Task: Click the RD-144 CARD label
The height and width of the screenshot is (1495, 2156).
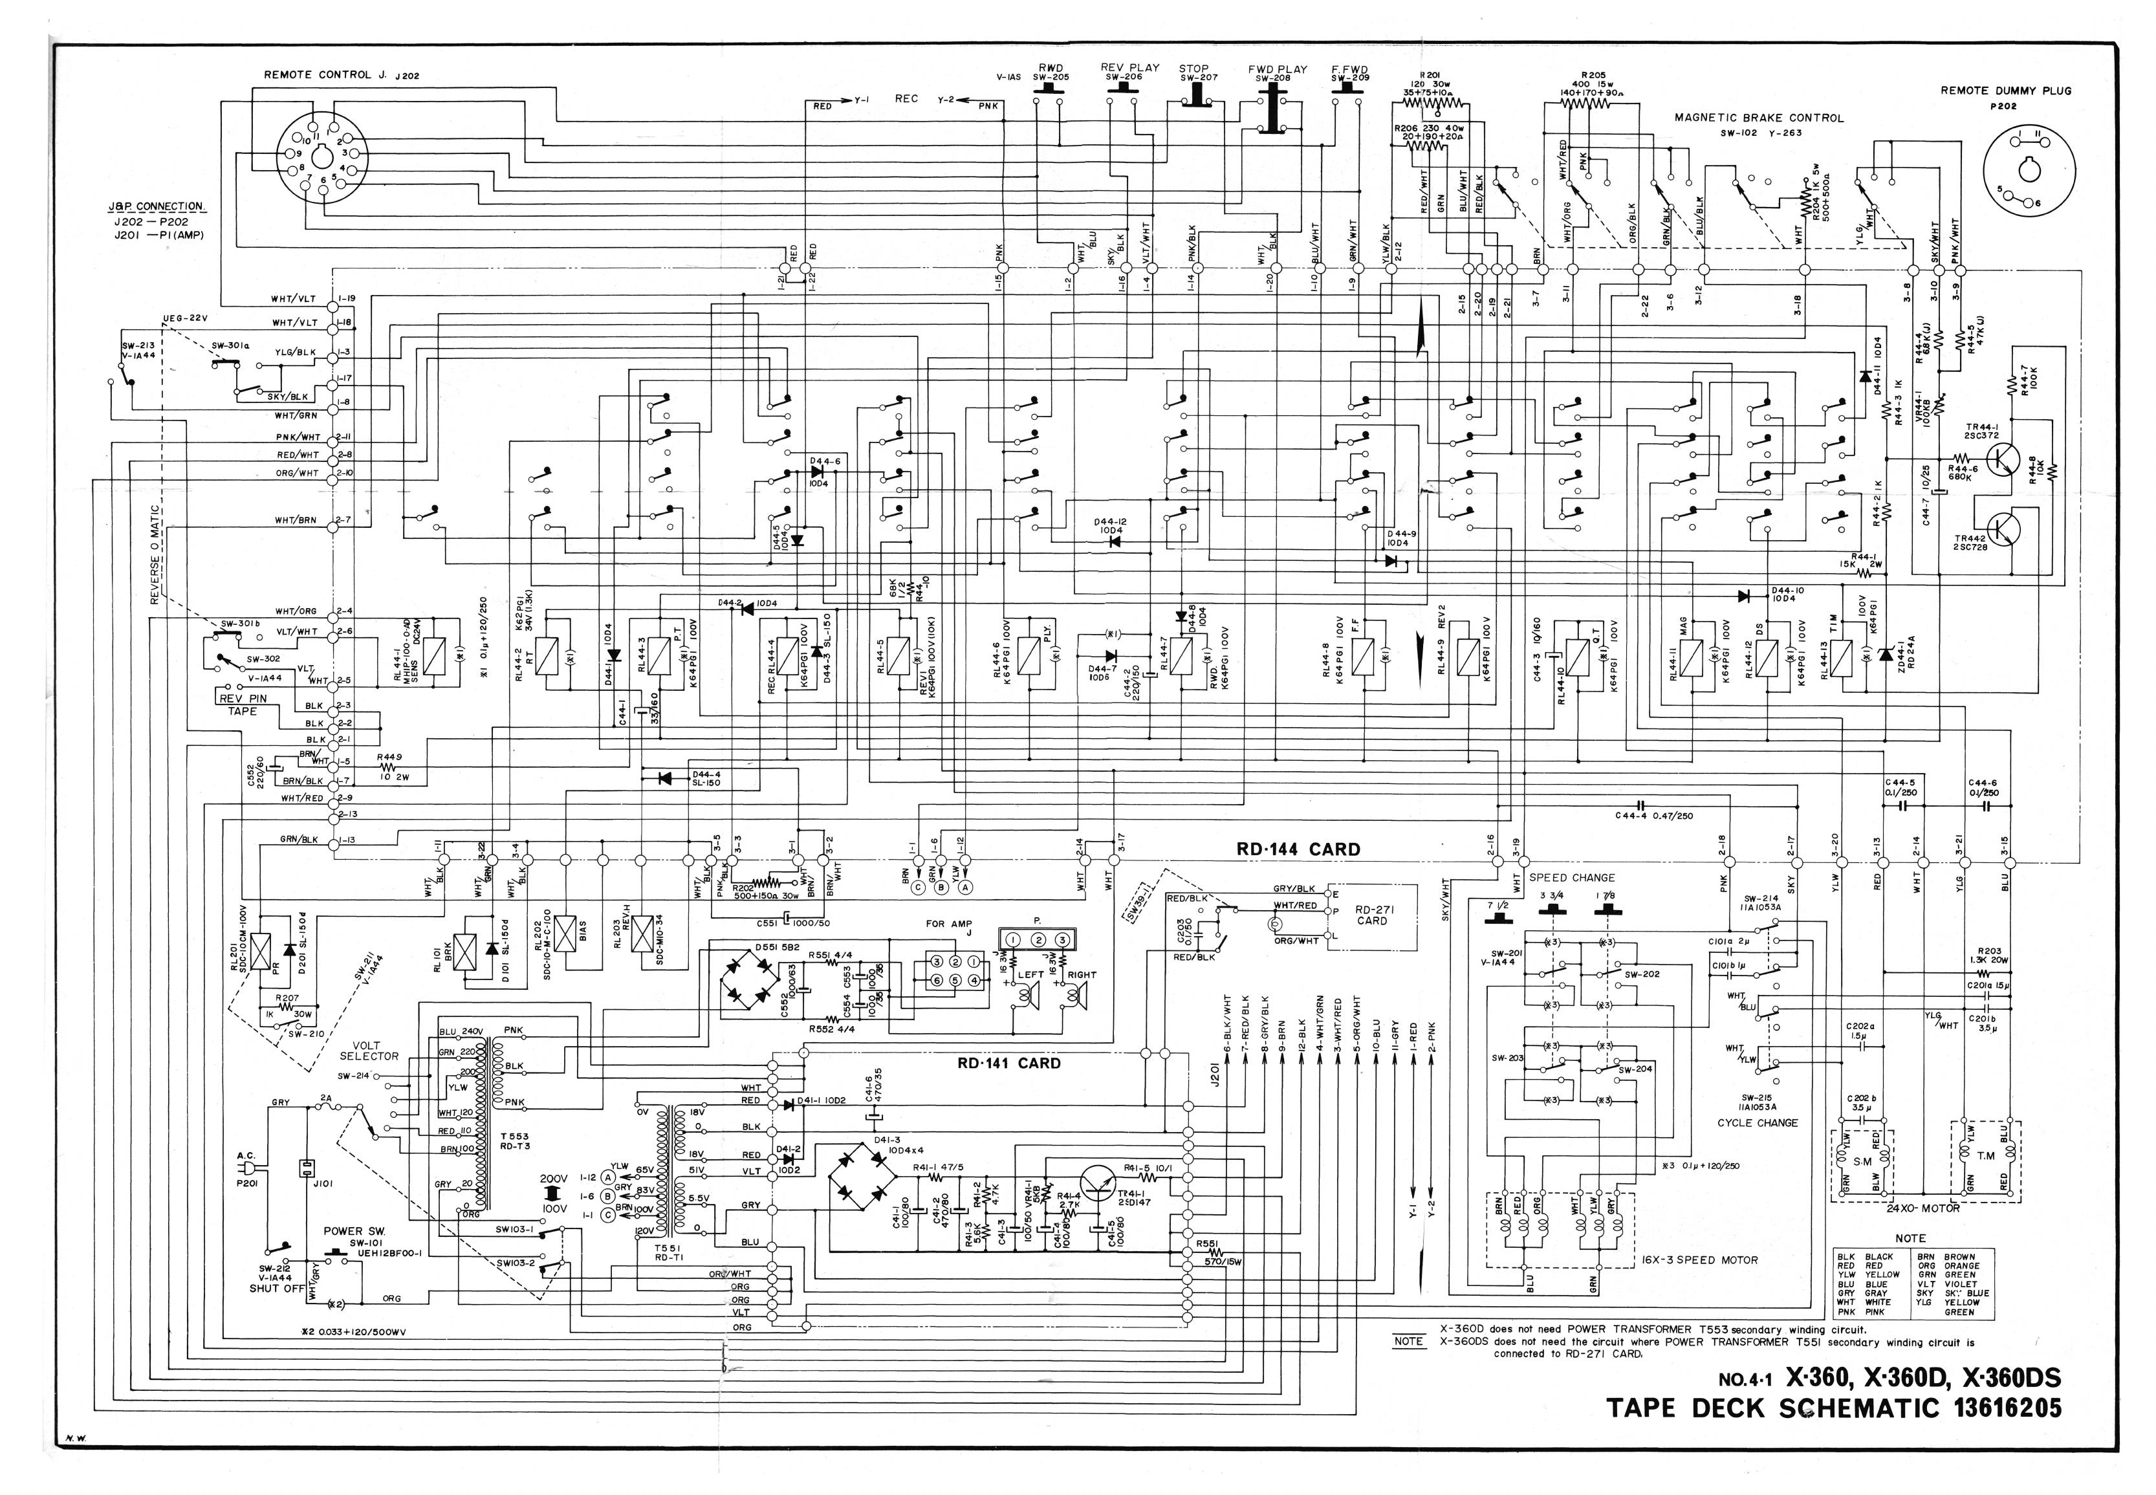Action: click(1297, 849)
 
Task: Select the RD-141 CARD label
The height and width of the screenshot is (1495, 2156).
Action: click(1008, 1063)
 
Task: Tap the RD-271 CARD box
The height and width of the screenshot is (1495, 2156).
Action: click(1371, 915)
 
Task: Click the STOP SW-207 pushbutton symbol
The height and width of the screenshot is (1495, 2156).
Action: click(1195, 98)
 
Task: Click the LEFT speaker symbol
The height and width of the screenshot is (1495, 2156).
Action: click(1029, 999)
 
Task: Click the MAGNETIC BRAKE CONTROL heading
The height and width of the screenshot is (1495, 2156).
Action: click(1759, 118)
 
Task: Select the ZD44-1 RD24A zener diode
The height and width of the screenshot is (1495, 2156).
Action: click(1884, 653)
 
